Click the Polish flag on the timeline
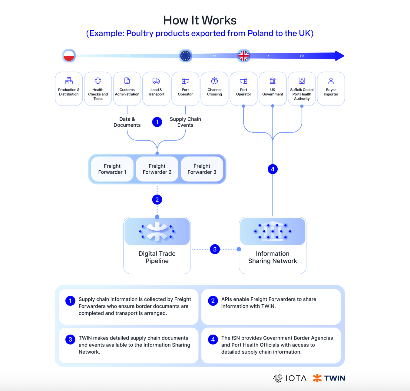click(x=69, y=56)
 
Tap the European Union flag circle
click(x=185, y=56)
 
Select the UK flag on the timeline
click(x=243, y=56)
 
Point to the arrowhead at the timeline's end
click(x=339, y=56)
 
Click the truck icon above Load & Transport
click(x=156, y=81)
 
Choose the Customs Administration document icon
click(x=127, y=81)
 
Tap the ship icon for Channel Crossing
click(x=214, y=81)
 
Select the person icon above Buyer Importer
click(x=331, y=81)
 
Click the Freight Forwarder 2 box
click(x=157, y=169)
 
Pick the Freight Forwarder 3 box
click(x=202, y=169)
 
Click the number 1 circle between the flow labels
click(x=157, y=122)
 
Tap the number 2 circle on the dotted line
click(x=157, y=200)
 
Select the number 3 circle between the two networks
click(x=215, y=249)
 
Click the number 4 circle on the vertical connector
click(x=273, y=169)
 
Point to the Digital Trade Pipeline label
click(x=157, y=257)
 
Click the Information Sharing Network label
click(x=273, y=257)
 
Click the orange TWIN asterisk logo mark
click(x=317, y=378)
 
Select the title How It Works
click(x=200, y=20)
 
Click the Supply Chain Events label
click(x=185, y=122)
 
